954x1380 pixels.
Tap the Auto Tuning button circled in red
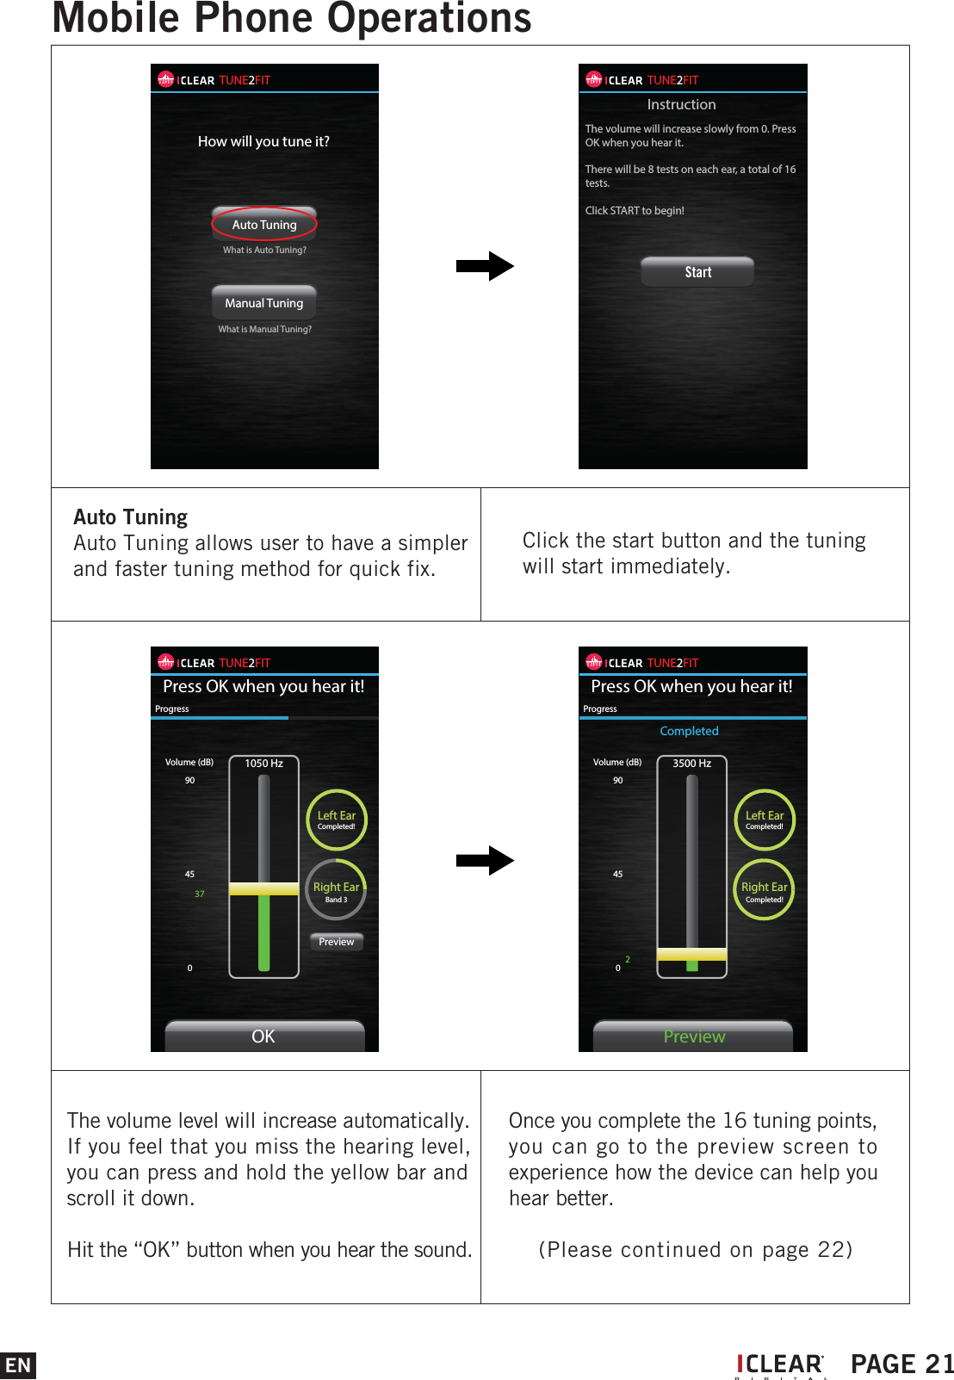pos(264,225)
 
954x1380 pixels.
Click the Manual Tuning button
pos(264,303)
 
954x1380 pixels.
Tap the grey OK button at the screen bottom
pos(264,1037)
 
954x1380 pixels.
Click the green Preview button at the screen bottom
pos(693,1037)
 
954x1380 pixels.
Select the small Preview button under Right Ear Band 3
pos(336,942)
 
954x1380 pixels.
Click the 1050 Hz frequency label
pos(263,764)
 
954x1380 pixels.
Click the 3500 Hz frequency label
pos(691,764)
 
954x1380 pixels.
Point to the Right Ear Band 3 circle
pos(336,890)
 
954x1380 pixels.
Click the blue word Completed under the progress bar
pos(689,731)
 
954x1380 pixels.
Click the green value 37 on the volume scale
pos(200,894)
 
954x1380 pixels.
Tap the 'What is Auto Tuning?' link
pos(264,251)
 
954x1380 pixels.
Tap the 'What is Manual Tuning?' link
pos(264,329)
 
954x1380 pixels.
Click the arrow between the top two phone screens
pos(485,266)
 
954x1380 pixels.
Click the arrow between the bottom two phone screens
pos(485,860)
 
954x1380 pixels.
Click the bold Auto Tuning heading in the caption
pos(131,517)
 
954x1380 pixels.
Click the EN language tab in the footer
pos(18,1365)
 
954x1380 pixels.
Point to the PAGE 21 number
pos(901,1365)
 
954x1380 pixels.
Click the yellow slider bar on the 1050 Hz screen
pos(263,889)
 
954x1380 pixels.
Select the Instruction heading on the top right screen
pos(681,104)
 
